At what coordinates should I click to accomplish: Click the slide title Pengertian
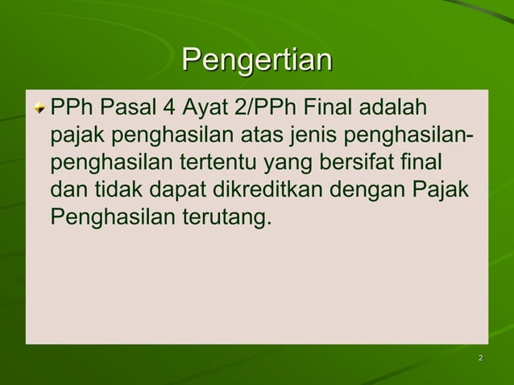(256, 61)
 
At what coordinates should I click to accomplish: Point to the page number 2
(480, 358)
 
